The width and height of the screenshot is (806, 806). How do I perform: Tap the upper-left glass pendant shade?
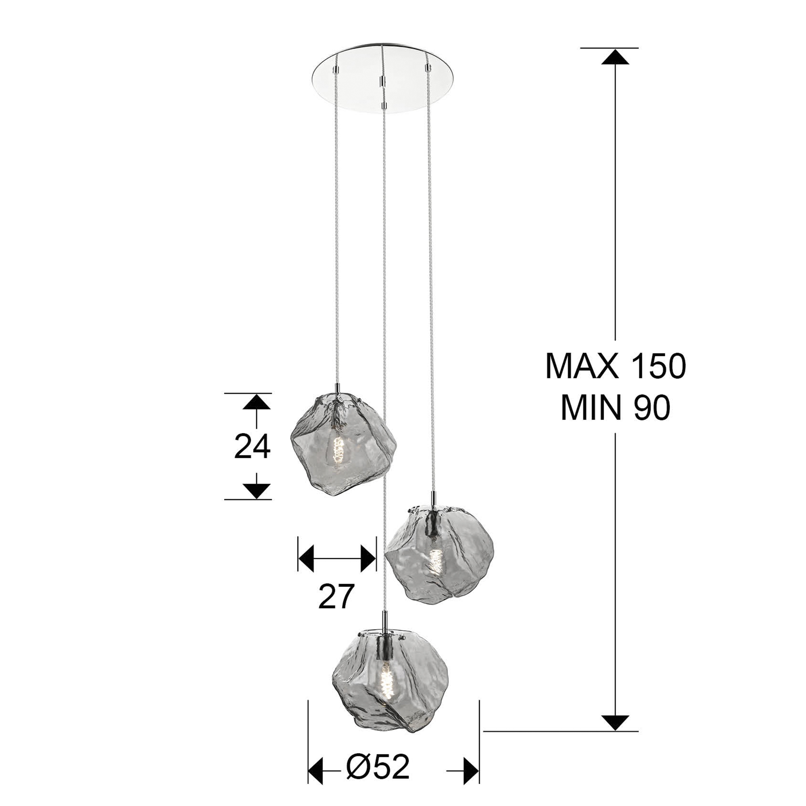coord(343,443)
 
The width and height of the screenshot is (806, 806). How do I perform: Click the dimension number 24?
coord(252,446)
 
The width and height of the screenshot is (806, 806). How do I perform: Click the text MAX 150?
coord(615,366)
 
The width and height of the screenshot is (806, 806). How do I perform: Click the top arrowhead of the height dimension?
coord(615,57)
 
